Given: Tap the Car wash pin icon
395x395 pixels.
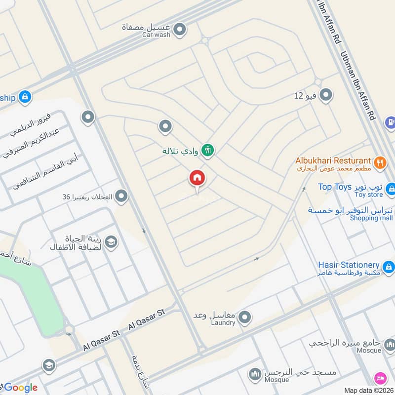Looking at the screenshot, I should click(x=180, y=30).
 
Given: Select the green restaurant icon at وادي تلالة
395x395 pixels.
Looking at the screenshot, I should click(x=208, y=150).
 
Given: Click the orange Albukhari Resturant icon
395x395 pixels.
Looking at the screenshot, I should click(x=379, y=163).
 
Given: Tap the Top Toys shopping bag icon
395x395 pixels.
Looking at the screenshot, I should click(x=391, y=189).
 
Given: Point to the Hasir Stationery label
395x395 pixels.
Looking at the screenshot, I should click(x=349, y=265).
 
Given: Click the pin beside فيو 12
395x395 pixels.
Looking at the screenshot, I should click(x=325, y=95).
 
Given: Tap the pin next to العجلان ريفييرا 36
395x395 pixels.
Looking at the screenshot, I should click(x=122, y=197).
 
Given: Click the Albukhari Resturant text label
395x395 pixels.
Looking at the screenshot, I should click(x=333, y=160).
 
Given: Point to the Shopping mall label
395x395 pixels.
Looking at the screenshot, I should click(x=371, y=218).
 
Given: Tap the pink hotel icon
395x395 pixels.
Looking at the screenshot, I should click(x=380, y=379).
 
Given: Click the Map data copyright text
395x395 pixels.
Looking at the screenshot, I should click(x=369, y=390).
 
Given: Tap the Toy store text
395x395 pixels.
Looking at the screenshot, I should click(x=368, y=195).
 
